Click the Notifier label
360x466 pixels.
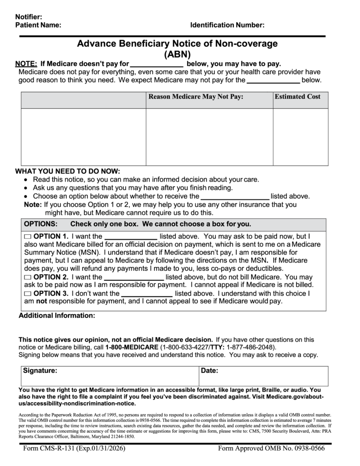tap(29, 17)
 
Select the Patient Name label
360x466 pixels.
tap(38, 25)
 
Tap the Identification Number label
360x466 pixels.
tap(227, 25)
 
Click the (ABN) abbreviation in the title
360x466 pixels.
tap(177, 54)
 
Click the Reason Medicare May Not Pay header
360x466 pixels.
tap(196, 96)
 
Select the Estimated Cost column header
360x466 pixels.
tap(298, 96)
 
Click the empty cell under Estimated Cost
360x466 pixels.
tap(300, 137)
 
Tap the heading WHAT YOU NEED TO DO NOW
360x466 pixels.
tap(68, 172)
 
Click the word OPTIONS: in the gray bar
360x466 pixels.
tap(41, 224)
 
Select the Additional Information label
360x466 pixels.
tap(57, 315)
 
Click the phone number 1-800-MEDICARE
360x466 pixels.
tap(132, 347)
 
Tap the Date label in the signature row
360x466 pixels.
tap(210, 371)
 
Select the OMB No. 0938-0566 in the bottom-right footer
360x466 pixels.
tap(295, 449)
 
